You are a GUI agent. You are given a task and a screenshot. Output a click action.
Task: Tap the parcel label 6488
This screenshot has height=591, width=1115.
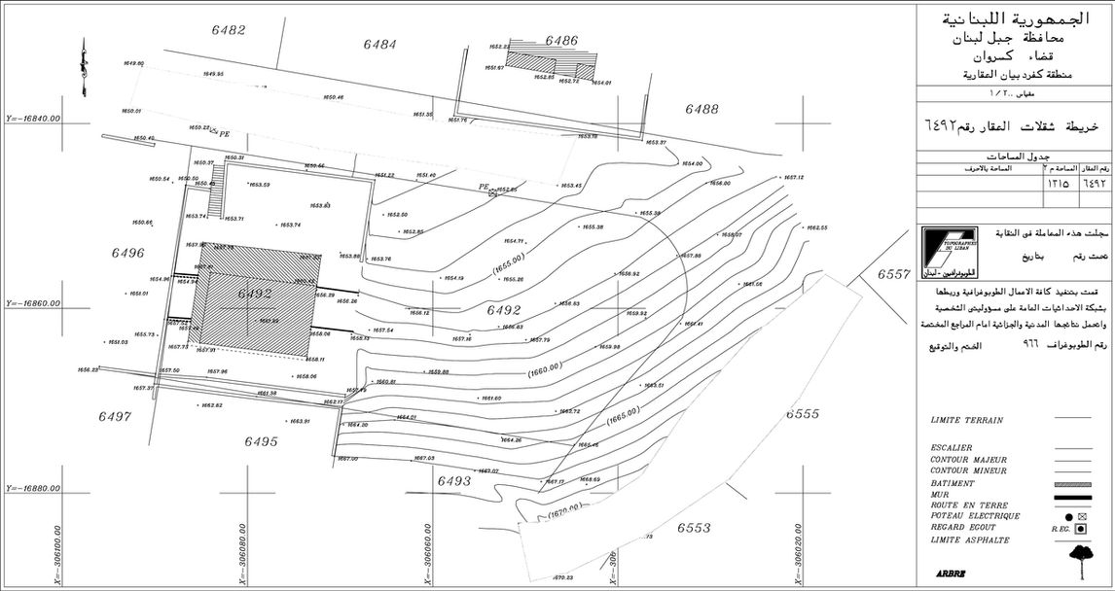coord(701,109)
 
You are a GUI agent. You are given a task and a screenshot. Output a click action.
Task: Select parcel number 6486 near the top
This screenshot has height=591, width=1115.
coord(561,41)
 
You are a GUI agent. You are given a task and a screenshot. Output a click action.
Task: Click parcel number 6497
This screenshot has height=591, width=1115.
coord(115,416)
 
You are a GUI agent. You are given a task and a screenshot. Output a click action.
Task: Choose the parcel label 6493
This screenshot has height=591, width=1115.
coord(454,480)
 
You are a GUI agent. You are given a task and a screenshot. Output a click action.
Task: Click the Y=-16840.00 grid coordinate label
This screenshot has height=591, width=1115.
coord(33,119)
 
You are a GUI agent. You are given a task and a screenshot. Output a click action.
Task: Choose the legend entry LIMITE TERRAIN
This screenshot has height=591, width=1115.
coord(966,420)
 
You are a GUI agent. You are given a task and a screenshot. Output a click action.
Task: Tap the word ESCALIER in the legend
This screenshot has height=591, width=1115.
coord(953,448)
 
